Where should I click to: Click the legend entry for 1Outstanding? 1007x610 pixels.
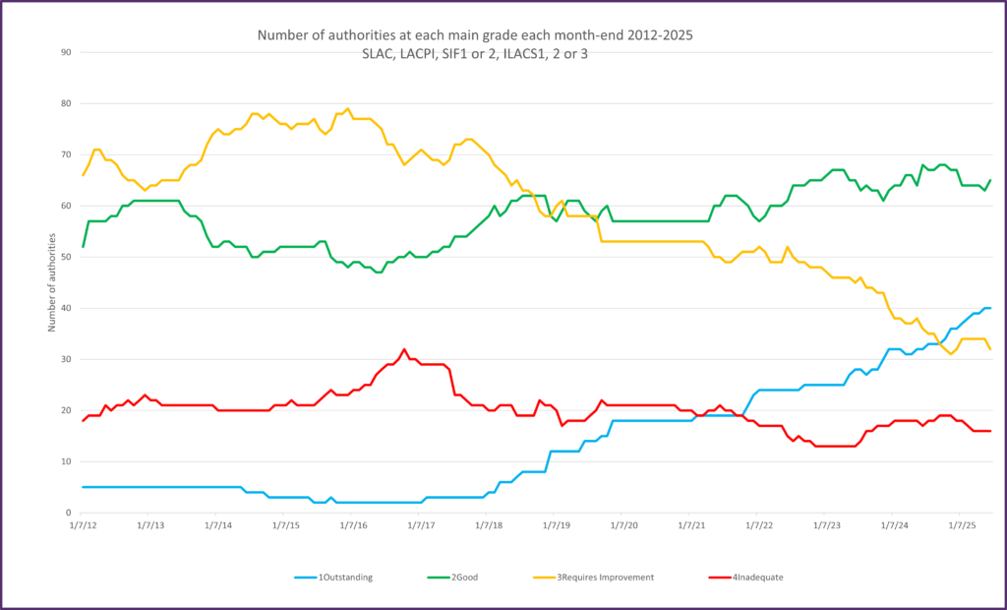(335, 577)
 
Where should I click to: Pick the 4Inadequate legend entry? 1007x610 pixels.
(748, 577)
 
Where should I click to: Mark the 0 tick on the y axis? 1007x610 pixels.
(67, 513)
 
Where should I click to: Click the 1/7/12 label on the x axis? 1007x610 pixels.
(83, 526)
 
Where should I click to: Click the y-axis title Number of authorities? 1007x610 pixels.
(52, 282)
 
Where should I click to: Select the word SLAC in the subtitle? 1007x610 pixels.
(380, 53)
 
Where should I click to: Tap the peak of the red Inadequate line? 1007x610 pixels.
(404, 348)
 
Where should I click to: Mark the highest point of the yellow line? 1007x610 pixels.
(348, 108)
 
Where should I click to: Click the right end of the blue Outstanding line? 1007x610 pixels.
(989, 308)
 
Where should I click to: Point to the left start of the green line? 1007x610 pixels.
(83, 246)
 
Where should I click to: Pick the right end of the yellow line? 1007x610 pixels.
(989, 349)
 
